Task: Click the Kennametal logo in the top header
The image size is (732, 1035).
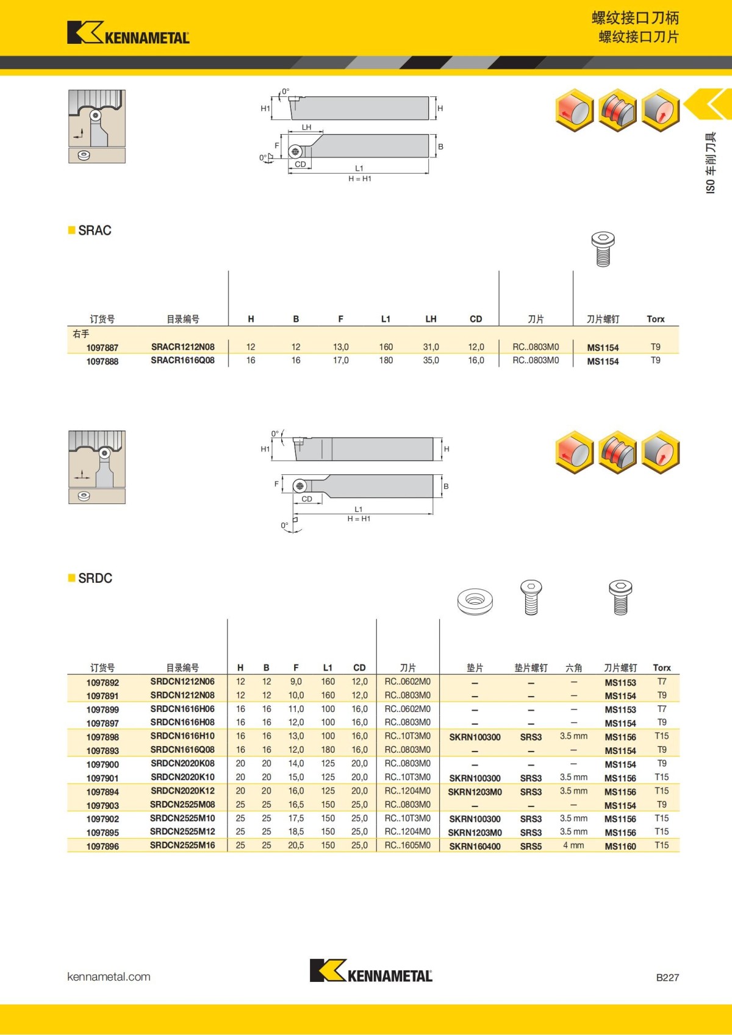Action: [x=128, y=33]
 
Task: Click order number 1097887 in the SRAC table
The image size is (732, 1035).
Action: [x=102, y=347]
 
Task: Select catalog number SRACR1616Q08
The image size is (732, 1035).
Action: [x=183, y=360]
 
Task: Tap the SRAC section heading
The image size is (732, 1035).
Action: [x=95, y=230]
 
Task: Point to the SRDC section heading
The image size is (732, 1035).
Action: [x=95, y=578]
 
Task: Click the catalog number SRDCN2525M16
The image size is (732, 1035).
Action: [x=182, y=845]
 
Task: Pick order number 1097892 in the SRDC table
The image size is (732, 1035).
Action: [x=102, y=683]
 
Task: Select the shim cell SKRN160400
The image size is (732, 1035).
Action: [x=475, y=847]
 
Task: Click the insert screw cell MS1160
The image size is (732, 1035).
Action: [x=620, y=847]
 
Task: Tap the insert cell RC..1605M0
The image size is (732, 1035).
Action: [x=407, y=845]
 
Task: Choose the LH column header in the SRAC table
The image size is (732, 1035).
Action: [x=431, y=319]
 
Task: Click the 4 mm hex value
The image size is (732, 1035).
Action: [x=573, y=845]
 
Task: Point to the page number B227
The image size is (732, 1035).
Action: [x=667, y=978]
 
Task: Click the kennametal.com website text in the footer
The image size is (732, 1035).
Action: [x=109, y=976]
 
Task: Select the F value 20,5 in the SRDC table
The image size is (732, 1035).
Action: [x=296, y=845]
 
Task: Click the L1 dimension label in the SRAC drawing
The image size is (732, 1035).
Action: [x=359, y=168]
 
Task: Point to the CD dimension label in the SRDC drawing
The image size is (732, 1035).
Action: [x=307, y=499]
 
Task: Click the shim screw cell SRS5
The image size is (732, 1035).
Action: [x=531, y=847]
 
